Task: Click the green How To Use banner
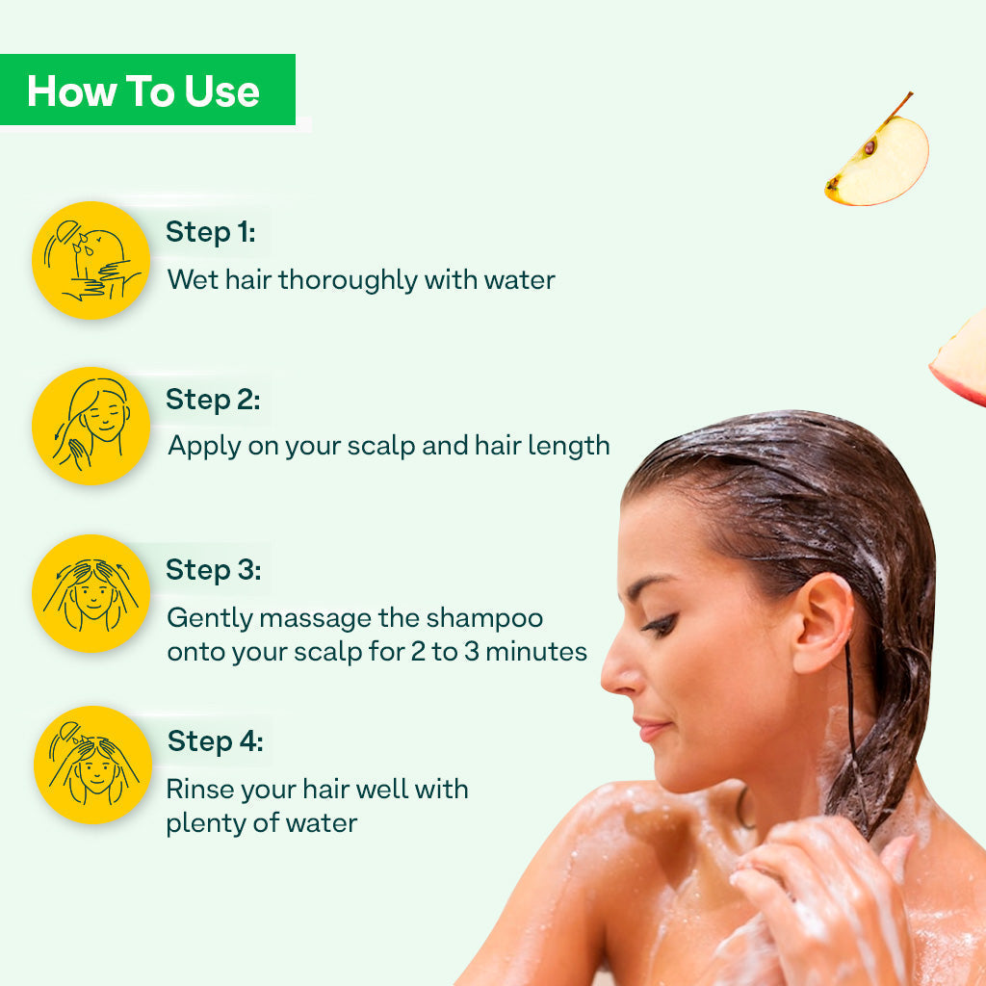[x=147, y=90]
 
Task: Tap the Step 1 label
[x=211, y=232]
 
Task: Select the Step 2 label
[x=213, y=400]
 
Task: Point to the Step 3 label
[x=213, y=570]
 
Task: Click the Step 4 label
[x=215, y=741]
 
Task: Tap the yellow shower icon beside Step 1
[x=91, y=260]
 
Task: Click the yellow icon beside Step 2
[x=91, y=426]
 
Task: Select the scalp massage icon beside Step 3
[x=91, y=593]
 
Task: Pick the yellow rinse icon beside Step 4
[x=92, y=765]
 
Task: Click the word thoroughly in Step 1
[x=348, y=280]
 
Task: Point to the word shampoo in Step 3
[x=484, y=619]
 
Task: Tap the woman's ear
[x=822, y=623]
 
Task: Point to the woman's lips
[x=652, y=730]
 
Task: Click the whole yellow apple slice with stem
[x=878, y=155]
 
